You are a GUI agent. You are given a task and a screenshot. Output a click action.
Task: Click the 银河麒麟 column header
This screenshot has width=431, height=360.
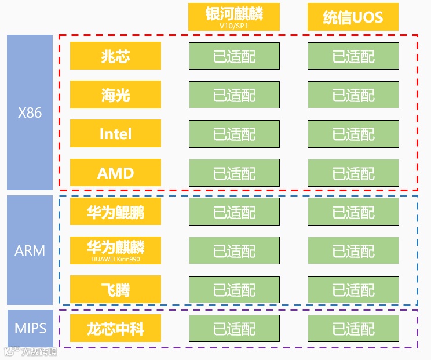coord(233,14)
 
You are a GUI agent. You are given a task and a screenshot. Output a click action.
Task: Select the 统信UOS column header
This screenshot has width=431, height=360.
coord(353,17)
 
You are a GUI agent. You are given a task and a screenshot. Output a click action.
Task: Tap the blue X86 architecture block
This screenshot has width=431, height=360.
coord(30,112)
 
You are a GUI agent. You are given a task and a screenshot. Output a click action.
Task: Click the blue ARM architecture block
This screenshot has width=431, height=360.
coord(30,250)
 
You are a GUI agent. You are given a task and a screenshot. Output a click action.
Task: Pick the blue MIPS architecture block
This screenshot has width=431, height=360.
coord(30,328)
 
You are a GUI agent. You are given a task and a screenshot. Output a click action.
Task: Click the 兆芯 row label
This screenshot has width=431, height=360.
coord(115,56)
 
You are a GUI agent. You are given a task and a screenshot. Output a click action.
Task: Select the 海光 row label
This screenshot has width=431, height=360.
coord(115,94)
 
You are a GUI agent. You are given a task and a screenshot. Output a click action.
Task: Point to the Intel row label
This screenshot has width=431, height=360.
coord(115,133)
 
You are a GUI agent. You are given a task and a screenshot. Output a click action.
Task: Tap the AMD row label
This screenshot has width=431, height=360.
coord(115,172)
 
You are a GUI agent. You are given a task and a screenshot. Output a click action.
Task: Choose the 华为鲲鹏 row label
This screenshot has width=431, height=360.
coord(115,212)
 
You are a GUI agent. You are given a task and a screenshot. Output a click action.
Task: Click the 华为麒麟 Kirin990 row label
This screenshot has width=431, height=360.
coord(115,250)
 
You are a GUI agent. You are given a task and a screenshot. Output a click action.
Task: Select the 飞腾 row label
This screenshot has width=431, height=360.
coord(115,289)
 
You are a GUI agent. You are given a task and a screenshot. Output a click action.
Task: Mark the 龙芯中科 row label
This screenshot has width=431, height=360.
coord(115,329)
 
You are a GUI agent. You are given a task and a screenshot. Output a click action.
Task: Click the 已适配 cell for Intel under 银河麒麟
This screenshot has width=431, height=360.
coord(234,134)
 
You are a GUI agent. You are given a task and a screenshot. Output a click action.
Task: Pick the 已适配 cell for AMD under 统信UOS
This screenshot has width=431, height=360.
coord(353,173)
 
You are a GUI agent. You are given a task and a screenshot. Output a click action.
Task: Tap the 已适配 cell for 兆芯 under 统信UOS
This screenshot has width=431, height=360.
coord(353,56)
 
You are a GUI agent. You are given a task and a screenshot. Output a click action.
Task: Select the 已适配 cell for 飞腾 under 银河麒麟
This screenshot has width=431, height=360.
coord(234,290)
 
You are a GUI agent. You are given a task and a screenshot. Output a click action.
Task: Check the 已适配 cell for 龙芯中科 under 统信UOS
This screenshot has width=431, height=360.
coord(353,329)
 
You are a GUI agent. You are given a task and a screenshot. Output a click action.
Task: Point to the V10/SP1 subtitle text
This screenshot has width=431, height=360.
coord(233,26)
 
